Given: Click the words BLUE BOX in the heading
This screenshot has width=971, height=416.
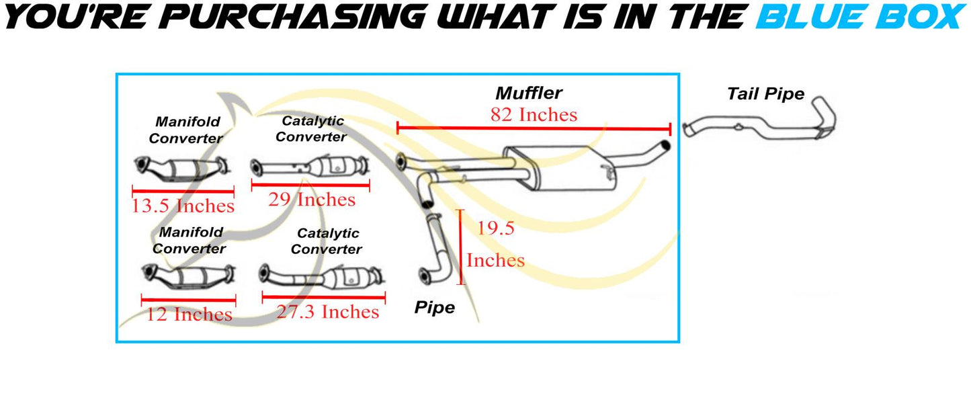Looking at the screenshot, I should [x=861, y=16].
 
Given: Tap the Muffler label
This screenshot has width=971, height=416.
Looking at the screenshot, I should [x=529, y=93].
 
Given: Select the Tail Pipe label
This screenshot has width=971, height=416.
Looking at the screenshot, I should [x=765, y=94].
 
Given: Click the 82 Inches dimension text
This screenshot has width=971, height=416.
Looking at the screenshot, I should [x=534, y=115].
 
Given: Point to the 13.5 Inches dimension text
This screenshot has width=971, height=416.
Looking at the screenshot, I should [x=183, y=206].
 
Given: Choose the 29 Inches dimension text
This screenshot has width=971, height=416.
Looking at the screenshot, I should [x=312, y=200].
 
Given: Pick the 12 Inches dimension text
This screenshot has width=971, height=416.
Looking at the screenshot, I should [x=189, y=314].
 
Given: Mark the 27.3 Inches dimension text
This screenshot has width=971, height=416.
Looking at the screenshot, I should [x=328, y=312].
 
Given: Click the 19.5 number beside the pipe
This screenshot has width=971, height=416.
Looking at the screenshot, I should [x=495, y=228].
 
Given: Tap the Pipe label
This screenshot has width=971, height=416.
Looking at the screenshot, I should [x=434, y=308].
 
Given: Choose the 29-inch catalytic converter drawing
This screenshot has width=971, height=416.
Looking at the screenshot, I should [x=310, y=167].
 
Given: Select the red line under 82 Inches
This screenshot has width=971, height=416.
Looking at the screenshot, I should [x=534, y=128].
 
